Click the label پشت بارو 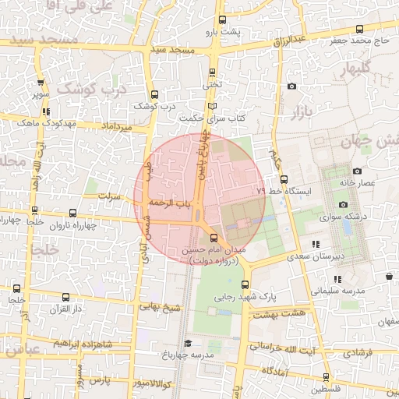[x=221, y=33]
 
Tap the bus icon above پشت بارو [x=223, y=20]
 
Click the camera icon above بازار [x=291, y=87]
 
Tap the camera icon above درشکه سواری [x=344, y=204]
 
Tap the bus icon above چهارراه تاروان [x=72, y=213]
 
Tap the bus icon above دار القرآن [x=65, y=297]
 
